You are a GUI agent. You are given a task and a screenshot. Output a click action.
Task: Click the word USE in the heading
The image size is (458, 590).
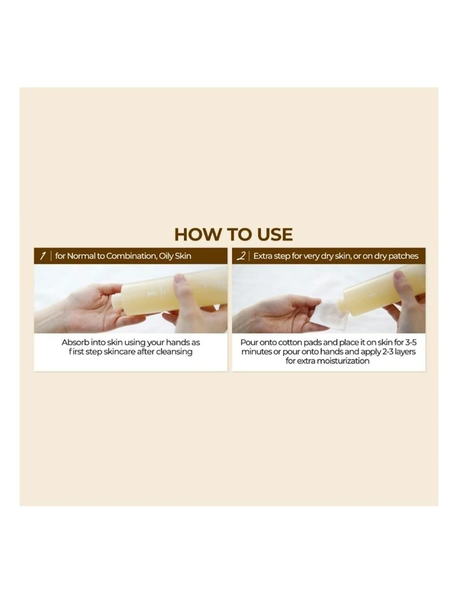pos(273,234)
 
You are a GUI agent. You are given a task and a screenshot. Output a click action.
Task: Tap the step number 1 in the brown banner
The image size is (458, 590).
pos(43,256)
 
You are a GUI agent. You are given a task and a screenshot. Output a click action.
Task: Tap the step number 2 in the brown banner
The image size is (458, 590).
pos(241,256)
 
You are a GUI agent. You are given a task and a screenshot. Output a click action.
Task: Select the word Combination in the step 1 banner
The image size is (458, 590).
pos(128,256)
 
